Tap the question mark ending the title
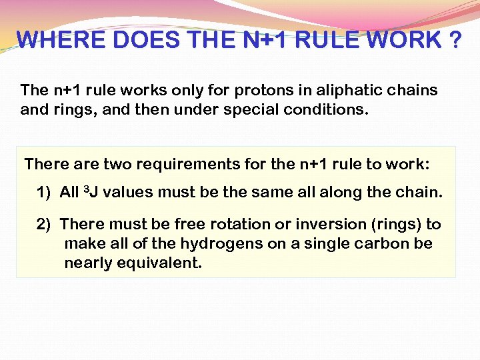[454, 41]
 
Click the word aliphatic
[295, 90]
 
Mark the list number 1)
[44, 193]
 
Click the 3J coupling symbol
[91, 193]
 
